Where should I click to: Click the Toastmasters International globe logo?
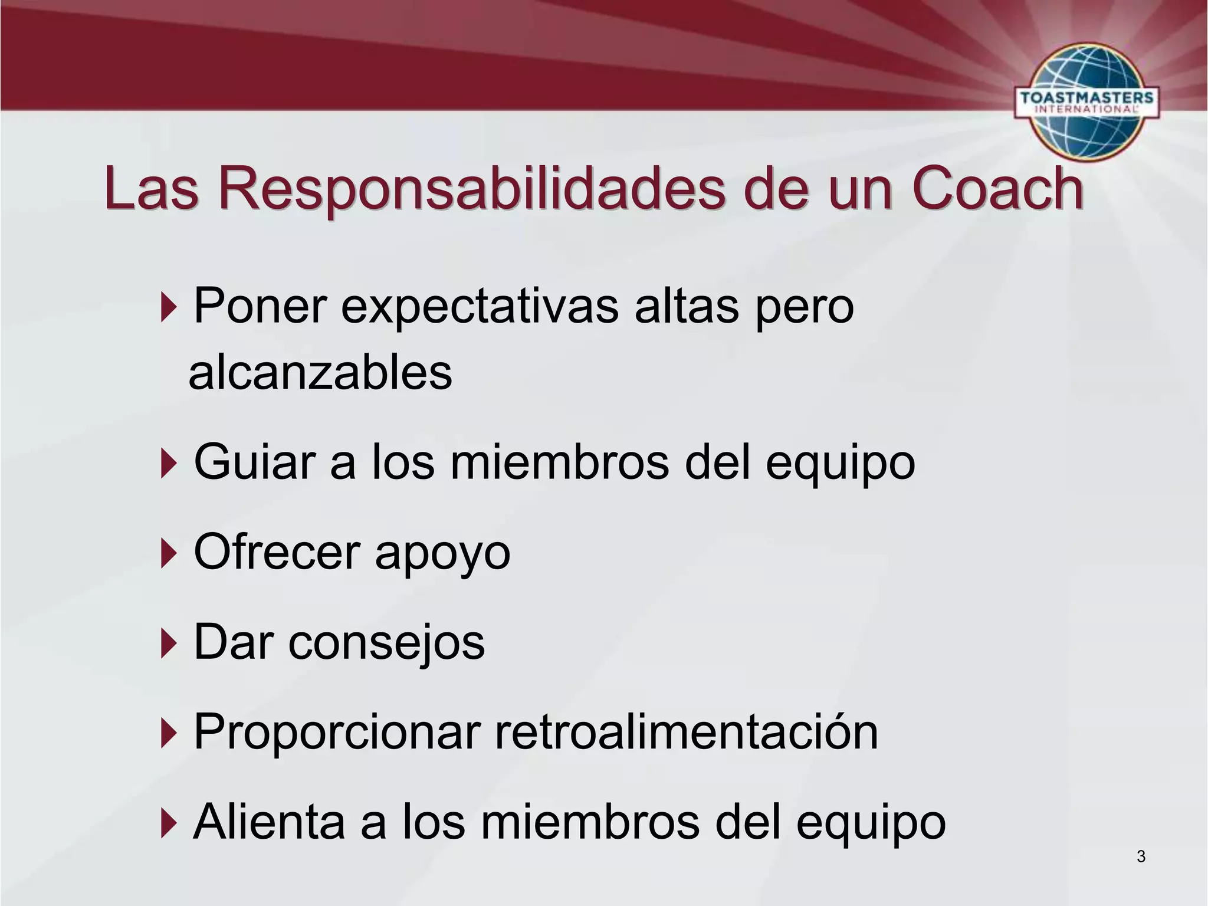click(x=1086, y=101)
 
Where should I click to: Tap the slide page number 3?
click(x=1141, y=856)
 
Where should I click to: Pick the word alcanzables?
click(x=320, y=373)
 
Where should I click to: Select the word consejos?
click(x=386, y=642)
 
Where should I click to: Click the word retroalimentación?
click(x=686, y=731)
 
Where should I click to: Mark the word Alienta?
click(x=269, y=822)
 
